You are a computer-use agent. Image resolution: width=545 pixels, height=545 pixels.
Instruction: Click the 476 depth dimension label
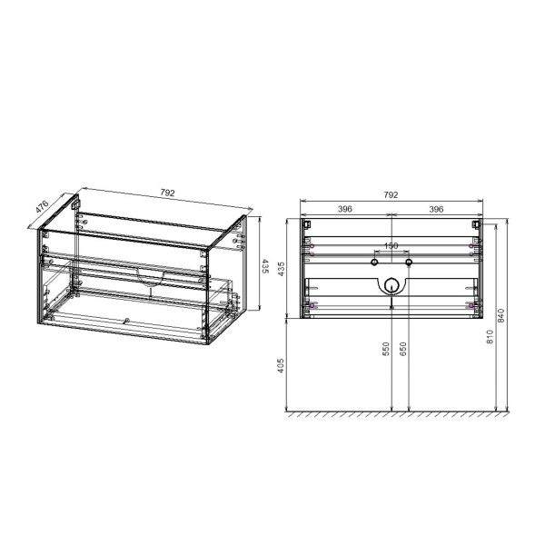42,206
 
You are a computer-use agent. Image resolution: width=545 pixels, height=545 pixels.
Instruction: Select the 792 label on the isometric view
166,192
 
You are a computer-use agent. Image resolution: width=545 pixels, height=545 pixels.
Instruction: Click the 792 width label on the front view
391,194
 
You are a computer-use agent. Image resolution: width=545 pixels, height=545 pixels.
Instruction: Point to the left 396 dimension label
345,210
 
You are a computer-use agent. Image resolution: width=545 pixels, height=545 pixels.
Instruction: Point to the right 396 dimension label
435,210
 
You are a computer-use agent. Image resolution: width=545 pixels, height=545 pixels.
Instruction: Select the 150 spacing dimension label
391,246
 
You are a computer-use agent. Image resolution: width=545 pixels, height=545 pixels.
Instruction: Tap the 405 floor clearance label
282,366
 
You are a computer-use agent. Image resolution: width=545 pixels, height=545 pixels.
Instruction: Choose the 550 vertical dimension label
386,350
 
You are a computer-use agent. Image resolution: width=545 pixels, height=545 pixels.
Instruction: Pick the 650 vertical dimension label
405,350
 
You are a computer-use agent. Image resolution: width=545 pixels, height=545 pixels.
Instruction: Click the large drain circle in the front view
391,283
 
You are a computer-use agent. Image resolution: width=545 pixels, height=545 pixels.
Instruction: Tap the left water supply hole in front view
372,262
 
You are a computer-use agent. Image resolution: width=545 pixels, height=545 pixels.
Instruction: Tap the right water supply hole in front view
409,262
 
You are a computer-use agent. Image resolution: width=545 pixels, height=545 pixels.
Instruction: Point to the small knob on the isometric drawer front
127,320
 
